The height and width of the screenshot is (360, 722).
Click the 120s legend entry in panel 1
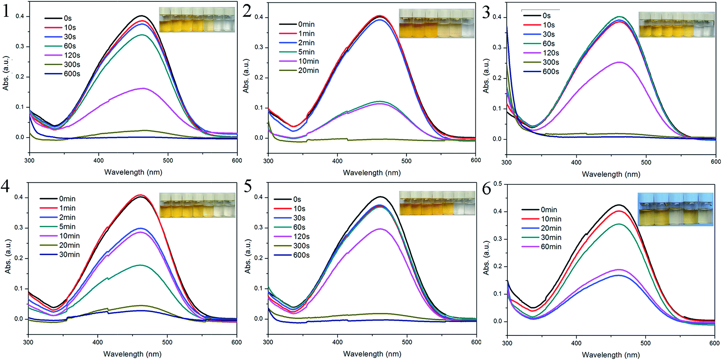[x=62, y=55]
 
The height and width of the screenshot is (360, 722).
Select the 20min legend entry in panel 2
[x=299, y=70]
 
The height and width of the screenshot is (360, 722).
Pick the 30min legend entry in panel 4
[x=60, y=254]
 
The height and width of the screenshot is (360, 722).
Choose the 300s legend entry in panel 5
[x=292, y=246]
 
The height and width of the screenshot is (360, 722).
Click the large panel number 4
[x=5, y=186]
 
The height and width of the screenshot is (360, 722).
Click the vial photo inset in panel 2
[x=437, y=23]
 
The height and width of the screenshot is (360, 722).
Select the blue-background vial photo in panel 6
[x=675, y=209]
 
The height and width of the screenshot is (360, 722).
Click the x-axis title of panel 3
[x=611, y=174]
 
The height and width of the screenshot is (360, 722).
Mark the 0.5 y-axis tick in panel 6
[x=497, y=184]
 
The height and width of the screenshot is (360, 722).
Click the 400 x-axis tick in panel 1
[x=98, y=161]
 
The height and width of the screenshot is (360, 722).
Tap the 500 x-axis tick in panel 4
[x=167, y=342]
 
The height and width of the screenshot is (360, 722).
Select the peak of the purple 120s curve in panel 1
[x=143, y=88]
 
